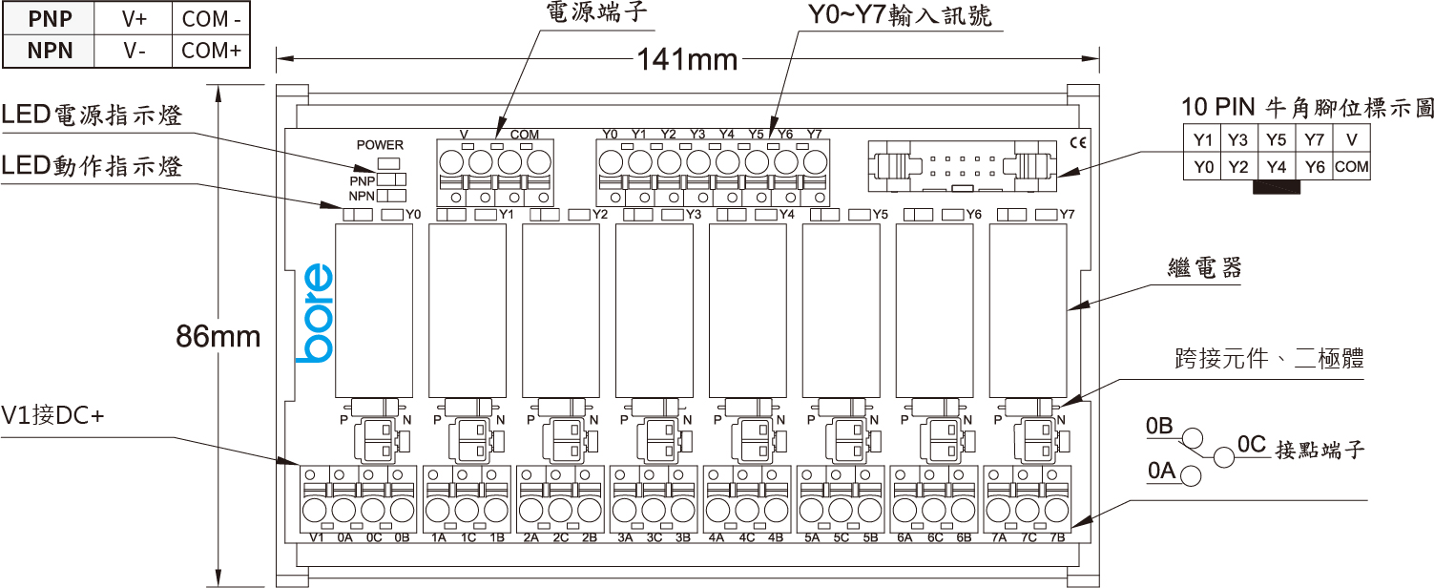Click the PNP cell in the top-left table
click(x=50, y=18)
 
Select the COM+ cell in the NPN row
click(x=211, y=51)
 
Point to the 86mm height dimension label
click(x=218, y=336)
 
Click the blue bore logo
click(x=314, y=314)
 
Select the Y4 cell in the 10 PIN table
click(x=1277, y=167)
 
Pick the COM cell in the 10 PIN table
click(x=1351, y=167)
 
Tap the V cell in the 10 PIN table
click(x=1351, y=139)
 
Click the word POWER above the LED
click(x=380, y=145)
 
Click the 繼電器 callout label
click(x=1205, y=268)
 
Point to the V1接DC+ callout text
click(x=52, y=415)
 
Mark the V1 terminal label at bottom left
click(x=319, y=537)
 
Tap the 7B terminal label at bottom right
click(x=1056, y=537)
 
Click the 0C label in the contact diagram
click(x=1251, y=444)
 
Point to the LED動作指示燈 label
click(x=92, y=166)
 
